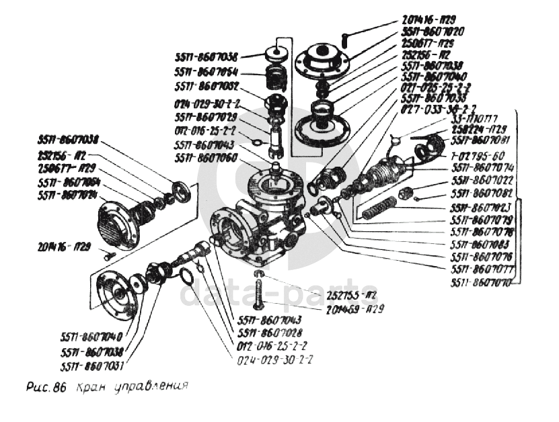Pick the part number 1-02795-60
pyautogui.click(x=476, y=155)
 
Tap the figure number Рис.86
pyautogui.click(x=42, y=388)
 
